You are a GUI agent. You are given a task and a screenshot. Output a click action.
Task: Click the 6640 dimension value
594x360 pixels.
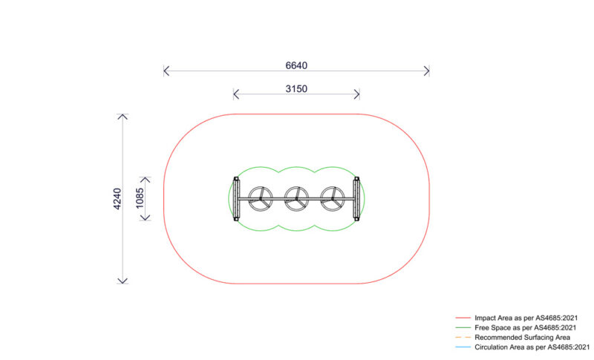(x=296, y=65)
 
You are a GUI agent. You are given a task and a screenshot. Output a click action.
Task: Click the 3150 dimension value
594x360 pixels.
(x=296, y=88)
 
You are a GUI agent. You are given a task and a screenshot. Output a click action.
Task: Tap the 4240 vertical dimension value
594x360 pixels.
(x=117, y=199)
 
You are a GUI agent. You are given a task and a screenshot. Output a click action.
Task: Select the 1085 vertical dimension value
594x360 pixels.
(x=140, y=199)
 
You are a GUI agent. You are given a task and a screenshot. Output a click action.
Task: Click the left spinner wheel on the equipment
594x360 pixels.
(x=260, y=198)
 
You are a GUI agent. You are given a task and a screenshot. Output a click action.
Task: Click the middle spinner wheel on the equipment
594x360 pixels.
(x=296, y=198)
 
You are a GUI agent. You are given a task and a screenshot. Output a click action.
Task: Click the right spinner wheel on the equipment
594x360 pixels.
(x=333, y=198)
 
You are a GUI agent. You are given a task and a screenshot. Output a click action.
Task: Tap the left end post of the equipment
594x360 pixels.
(x=236, y=199)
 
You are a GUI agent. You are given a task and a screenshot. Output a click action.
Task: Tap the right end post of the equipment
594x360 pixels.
(x=356, y=199)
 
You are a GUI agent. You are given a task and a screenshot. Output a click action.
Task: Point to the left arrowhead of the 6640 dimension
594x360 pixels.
(x=166, y=71)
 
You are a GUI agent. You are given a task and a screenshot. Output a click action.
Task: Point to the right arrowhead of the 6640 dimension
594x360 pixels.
(x=428, y=71)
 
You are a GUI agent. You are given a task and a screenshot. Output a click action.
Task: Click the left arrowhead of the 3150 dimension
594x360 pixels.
(x=235, y=94)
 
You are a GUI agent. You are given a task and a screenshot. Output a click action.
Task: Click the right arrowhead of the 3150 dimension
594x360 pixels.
(x=358, y=94)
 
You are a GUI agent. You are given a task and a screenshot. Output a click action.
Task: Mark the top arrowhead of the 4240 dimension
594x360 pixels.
(x=123, y=116)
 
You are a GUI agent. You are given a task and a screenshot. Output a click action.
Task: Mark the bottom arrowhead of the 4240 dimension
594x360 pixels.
(x=123, y=281)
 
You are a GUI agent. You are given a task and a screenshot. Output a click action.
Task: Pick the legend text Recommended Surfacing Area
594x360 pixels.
(x=522, y=337)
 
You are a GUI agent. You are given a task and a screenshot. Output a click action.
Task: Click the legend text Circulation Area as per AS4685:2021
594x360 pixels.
(x=532, y=347)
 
